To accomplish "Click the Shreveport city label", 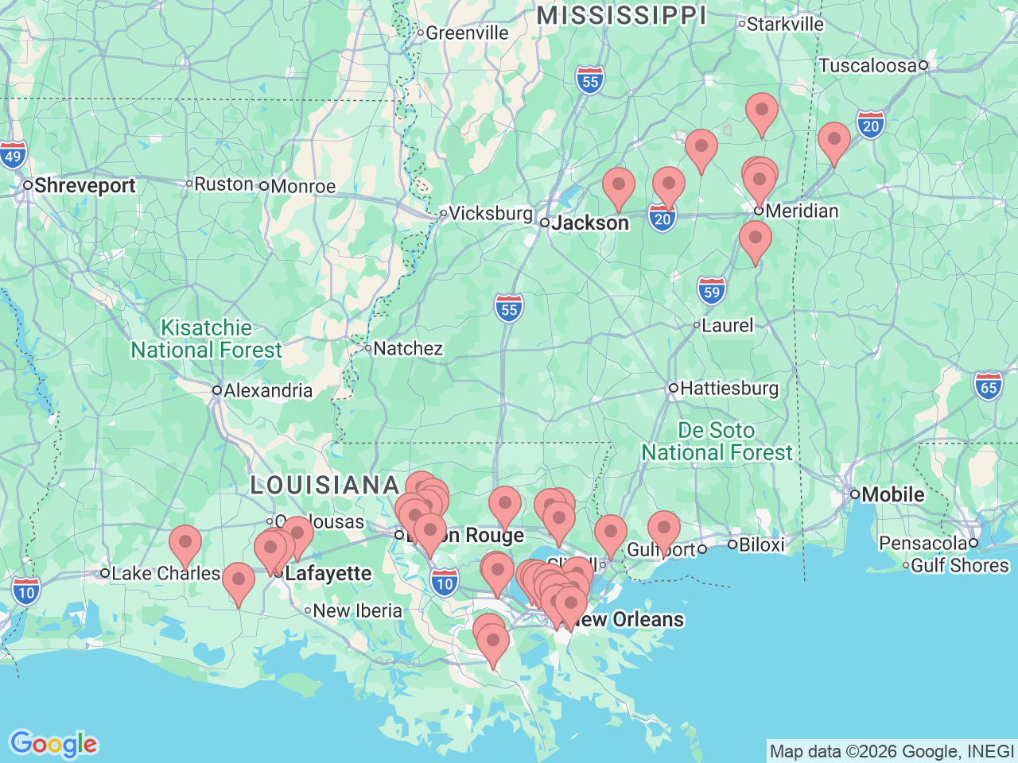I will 84,186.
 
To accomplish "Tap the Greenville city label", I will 467,33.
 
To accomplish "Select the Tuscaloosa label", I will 868,66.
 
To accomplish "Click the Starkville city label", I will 785,25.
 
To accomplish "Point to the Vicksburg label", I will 491,214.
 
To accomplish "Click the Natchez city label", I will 408,348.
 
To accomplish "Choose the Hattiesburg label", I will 729,389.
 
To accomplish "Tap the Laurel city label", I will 727,326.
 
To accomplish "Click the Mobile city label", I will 892,494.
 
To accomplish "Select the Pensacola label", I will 923,544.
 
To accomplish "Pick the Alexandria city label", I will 268,391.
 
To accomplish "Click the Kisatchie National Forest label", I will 207,339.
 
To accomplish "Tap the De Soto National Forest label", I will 717,442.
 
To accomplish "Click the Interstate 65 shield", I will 989,388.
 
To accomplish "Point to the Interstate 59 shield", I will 711,292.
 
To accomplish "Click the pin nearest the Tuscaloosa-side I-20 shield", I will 833,141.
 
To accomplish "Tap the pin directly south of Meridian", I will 755,239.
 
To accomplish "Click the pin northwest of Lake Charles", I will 185,544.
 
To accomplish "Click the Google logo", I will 53,745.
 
